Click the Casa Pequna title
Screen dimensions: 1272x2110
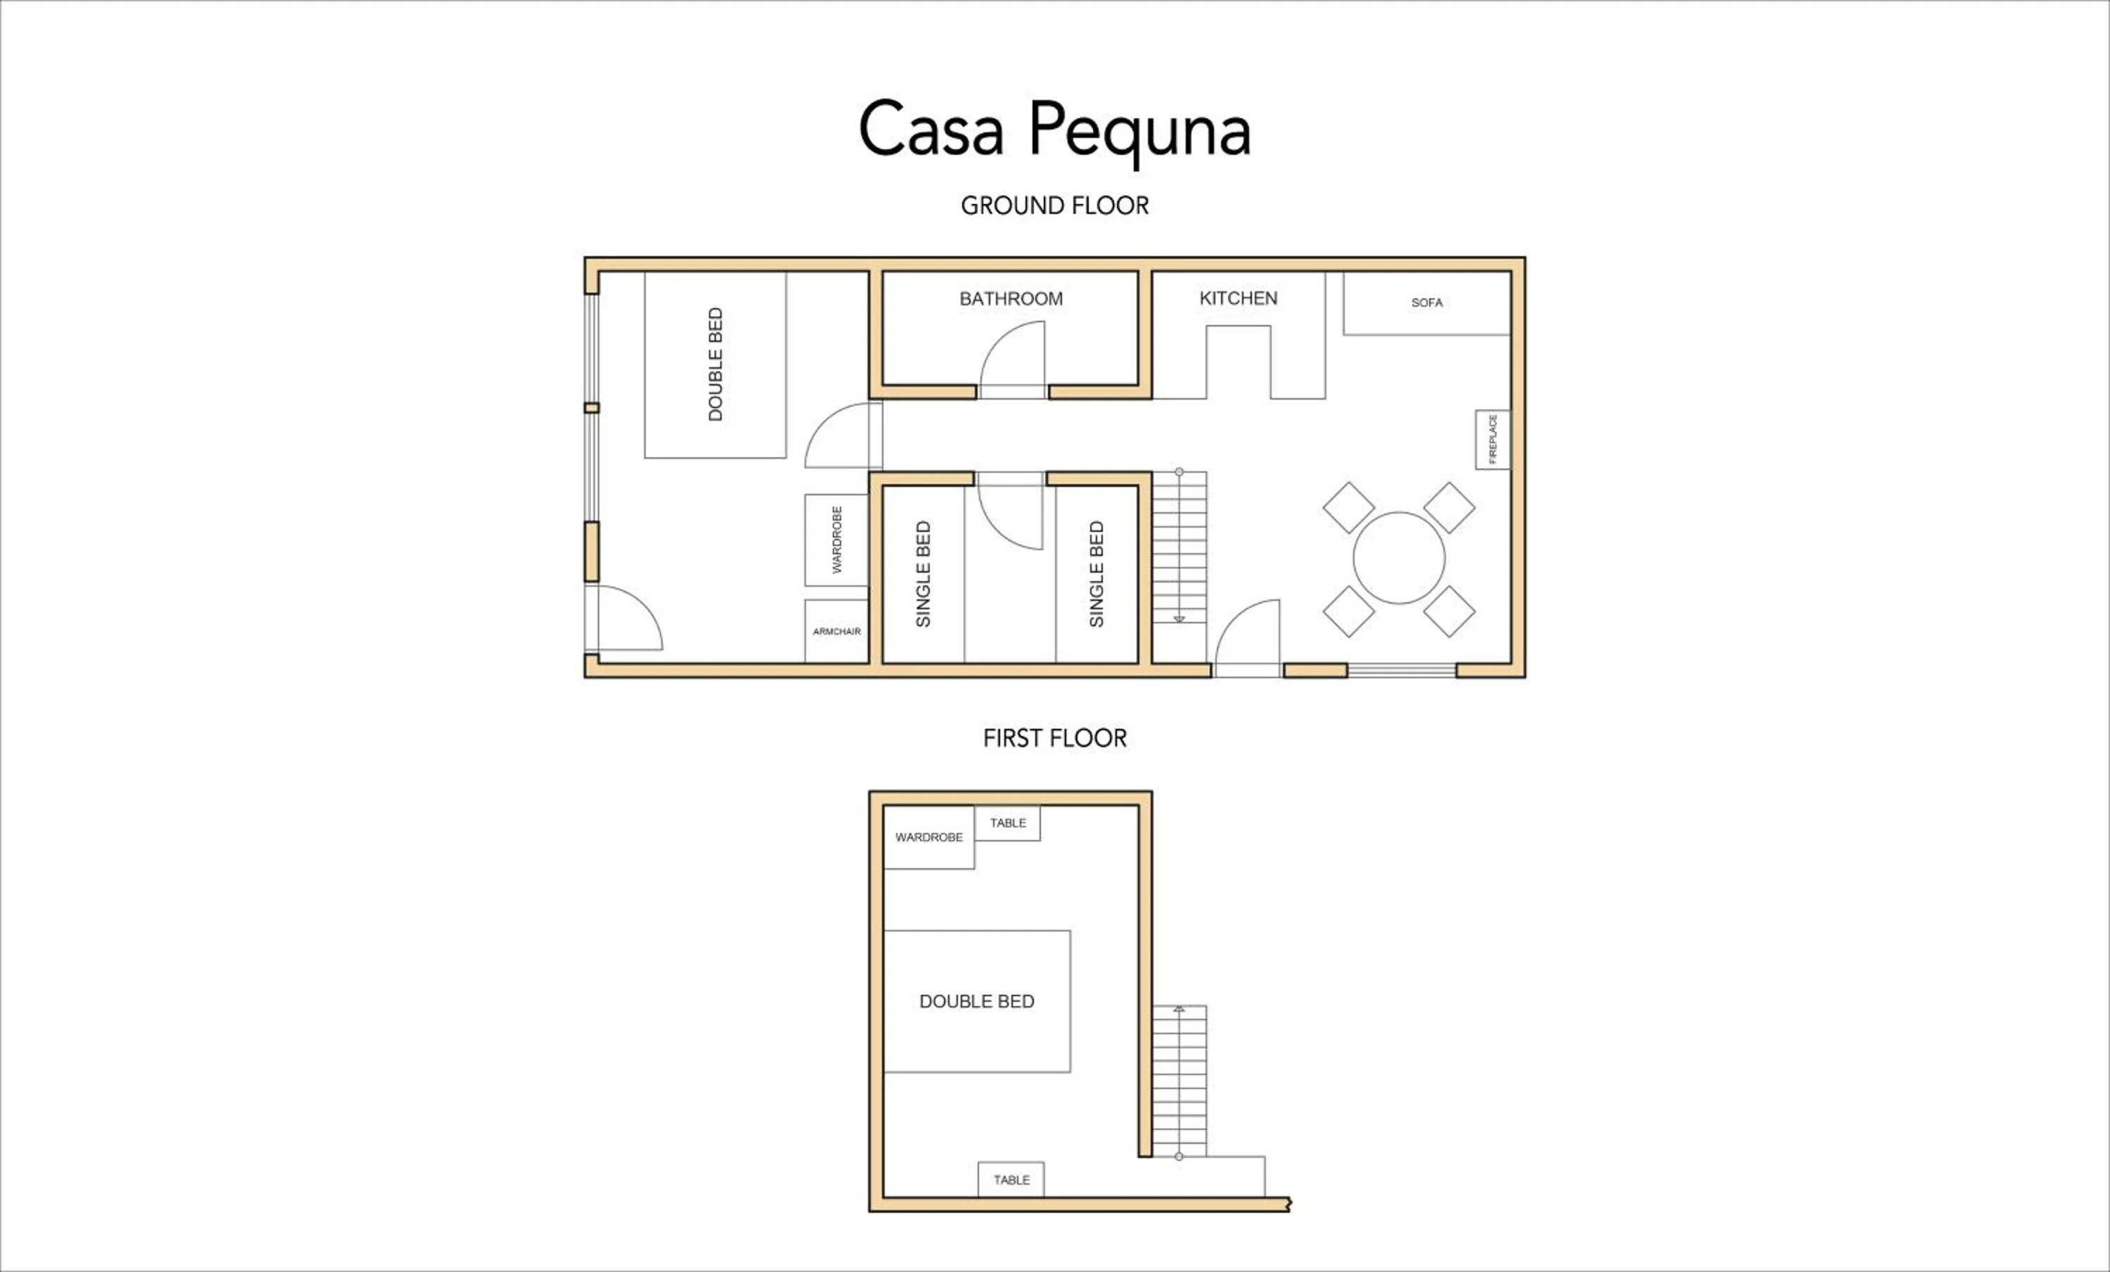pyautogui.click(x=1054, y=130)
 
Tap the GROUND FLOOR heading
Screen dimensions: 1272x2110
pyautogui.click(x=1054, y=205)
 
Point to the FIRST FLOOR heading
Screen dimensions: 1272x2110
pyautogui.click(x=1054, y=738)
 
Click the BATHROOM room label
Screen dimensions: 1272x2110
pyautogui.click(x=1011, y=299)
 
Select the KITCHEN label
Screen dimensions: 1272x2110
pyautogui.click(x=1239, y=298)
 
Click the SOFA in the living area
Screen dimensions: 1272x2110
pyautogui.click(x=1426, y=303)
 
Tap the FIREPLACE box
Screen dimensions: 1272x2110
pyautogui.click(x=1492, y=440)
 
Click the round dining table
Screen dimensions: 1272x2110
pyautogui.click(x=1398, y=559)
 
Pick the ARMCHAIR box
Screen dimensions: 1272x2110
pyautogui.click(x=837, y=631)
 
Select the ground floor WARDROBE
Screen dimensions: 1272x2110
pyautogui.click(x=837, y=540)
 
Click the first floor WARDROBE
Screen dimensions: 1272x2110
pyautogui.click(x=928, y=837)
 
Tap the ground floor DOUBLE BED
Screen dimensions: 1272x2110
pyautogui.click(x=715, y=365)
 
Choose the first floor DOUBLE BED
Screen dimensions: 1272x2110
pyautogui.click(x=976, y=1001)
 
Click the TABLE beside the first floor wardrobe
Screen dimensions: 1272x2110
pyautogui.click(x=1008, y=823)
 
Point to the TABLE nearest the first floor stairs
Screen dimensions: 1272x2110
pyautogui.click(x=1011, y=1180)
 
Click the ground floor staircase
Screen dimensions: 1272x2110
pyautogui.click(x=1179, y=548)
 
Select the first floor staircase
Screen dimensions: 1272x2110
pyautogui.click(x=1179, y=1081)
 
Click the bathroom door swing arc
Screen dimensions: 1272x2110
pyautogui.click(x=1013, y=360)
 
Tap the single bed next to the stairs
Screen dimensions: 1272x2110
pyautogui.click(x=1096, y=574)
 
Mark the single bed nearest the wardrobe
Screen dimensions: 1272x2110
pyautogui.click(x=923, y=574)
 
